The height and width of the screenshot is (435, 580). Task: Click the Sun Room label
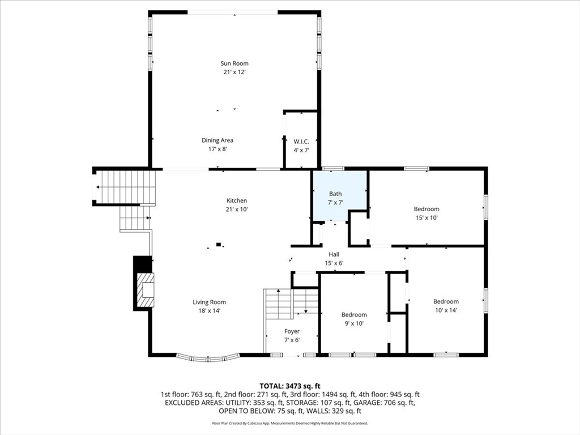click(234, 63)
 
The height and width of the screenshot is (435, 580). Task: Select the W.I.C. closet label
click(300, 141)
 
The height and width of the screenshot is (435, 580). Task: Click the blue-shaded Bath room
click(339, 196)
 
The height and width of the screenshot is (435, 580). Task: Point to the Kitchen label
click(237, 201)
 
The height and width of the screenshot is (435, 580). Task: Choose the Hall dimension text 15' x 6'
click(334, 263)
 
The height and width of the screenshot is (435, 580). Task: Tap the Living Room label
click(209, 302)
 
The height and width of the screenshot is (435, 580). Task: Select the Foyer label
click(292, 331)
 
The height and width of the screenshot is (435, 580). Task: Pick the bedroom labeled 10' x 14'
click(446, 305)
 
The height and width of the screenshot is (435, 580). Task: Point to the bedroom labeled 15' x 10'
click(426, 213)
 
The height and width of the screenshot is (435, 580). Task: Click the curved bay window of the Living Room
click(207, 358)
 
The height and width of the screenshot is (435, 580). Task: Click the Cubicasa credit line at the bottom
click(289, 423)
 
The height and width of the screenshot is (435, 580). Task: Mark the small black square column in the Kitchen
click(219, 245)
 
